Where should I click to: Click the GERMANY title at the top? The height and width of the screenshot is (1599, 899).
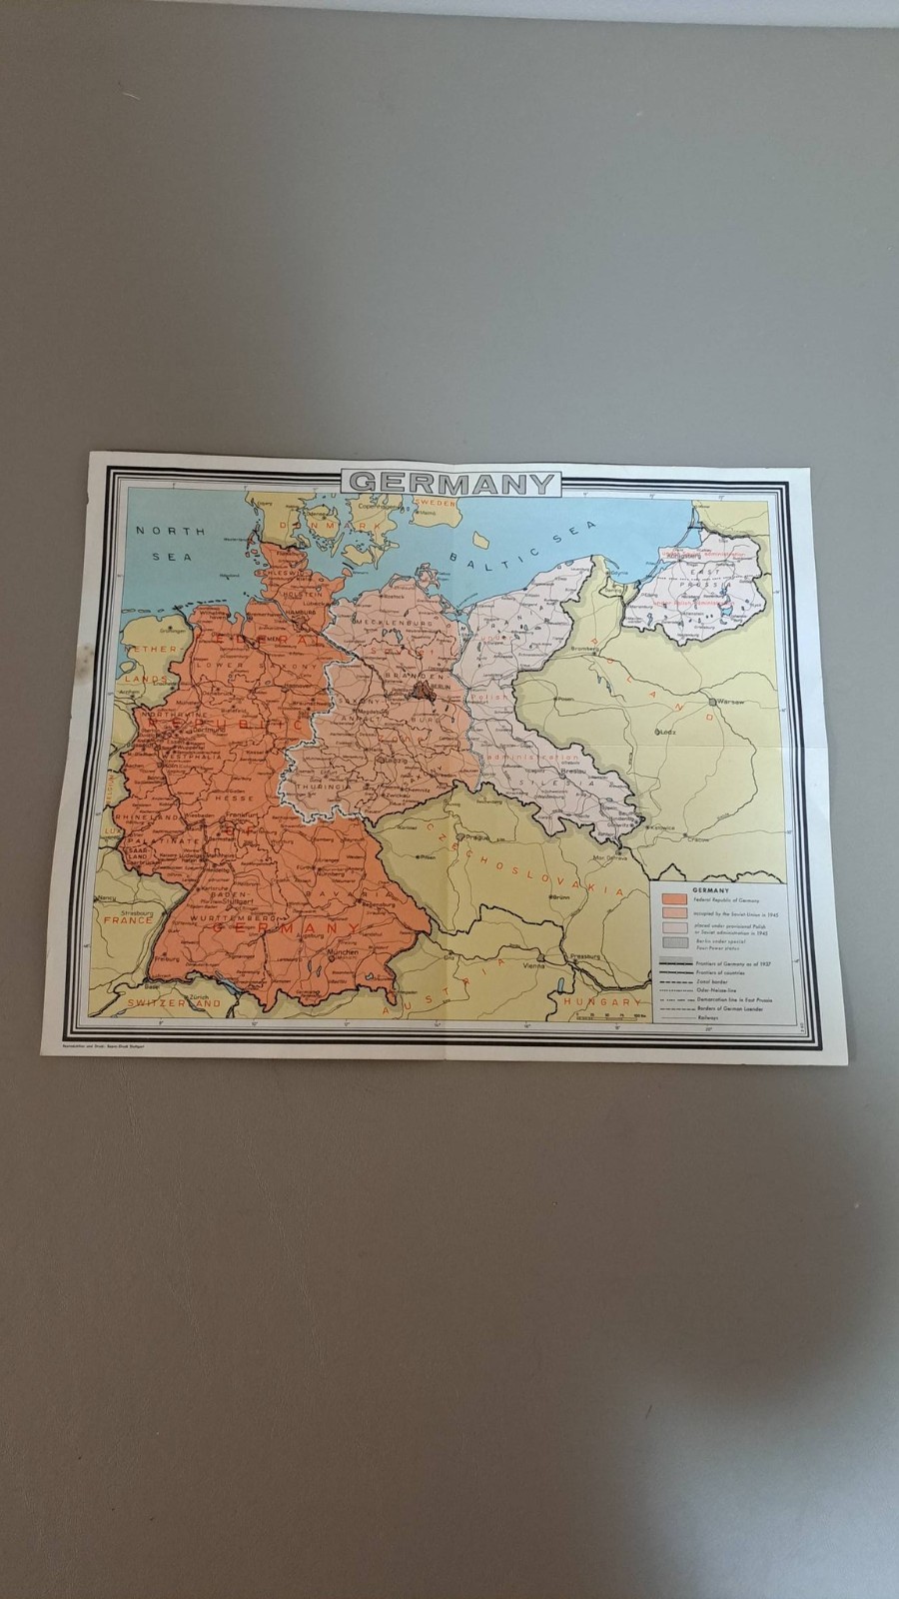click(x=451, y=483)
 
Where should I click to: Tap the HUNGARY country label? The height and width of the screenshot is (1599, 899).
click(x=600, y=1000)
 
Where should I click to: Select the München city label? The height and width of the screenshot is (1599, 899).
click(x=342, y=952)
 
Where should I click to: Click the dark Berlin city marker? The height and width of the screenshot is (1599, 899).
click(x=424, y=688)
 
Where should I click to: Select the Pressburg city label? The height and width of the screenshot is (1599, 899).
click(x=588, y=955)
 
